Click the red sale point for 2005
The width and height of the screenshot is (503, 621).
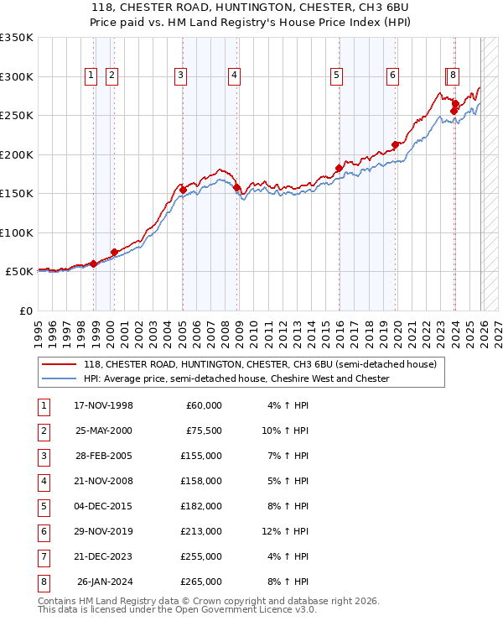(x=183, y=190)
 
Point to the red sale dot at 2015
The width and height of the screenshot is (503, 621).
(x=340, y=168)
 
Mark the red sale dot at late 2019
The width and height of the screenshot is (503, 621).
(x=395, y=144)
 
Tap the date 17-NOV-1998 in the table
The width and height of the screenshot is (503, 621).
(x=104, y=405)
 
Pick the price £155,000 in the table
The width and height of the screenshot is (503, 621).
(x=202, y=457)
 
